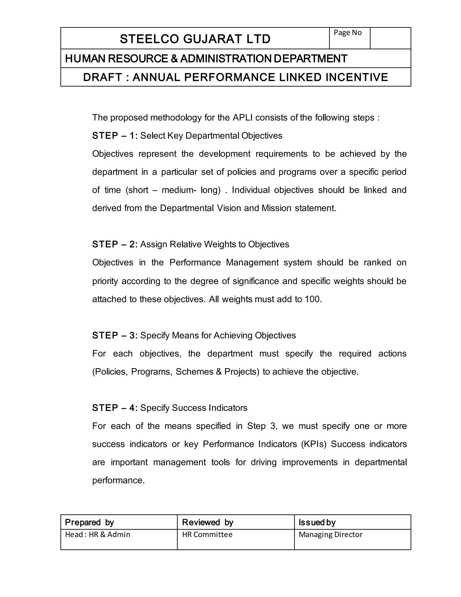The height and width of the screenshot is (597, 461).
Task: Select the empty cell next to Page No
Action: click(x=390, y=38)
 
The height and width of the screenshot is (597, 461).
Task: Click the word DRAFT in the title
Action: click(x=102, y=77)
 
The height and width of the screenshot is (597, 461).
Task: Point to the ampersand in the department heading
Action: click(x=174, y=59)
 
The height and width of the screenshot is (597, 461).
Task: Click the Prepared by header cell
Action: click(x=119, y=522)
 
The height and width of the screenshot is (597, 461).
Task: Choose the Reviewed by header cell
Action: click(x=235, y=522)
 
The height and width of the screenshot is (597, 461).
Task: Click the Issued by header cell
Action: click(x=352, y=522)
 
